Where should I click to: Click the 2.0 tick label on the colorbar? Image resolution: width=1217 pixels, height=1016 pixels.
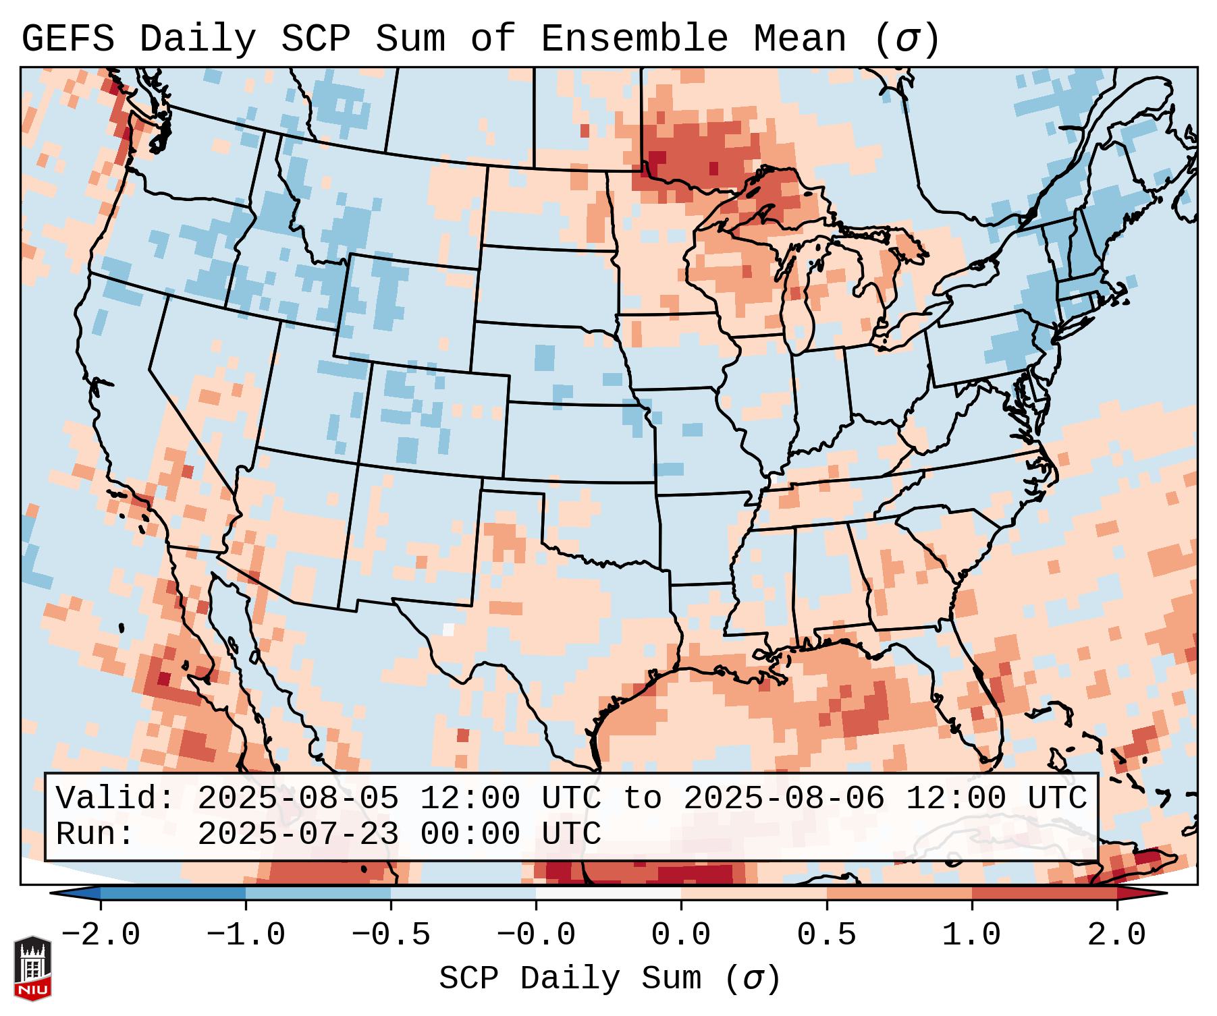pyautogui.click(x=1116, y=935)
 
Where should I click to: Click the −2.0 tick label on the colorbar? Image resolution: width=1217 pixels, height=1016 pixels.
pyautogui.click(x=101, y=935)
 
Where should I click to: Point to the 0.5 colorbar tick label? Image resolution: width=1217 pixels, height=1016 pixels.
pyautogui.click(x=826, y=935)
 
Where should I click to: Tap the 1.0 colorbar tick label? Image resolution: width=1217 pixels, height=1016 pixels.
pyautogui.click(x=971, y=935)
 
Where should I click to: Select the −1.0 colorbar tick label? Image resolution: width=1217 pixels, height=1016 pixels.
pyautogui.click(x=246, y=935)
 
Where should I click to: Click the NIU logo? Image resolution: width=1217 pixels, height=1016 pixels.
pyautogui.click(x=32, y=968)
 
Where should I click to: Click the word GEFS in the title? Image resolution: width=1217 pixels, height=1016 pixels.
pyautogui.click(x=67, y=39)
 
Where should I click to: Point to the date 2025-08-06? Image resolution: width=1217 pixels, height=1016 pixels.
pyautogui.click(x=784, y=798)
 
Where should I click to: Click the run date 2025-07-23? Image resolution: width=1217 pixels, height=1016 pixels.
pyautogui.click(x=298, y=834)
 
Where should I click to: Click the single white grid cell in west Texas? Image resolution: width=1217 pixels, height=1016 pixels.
pyautogui.click(x=448, y=629)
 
